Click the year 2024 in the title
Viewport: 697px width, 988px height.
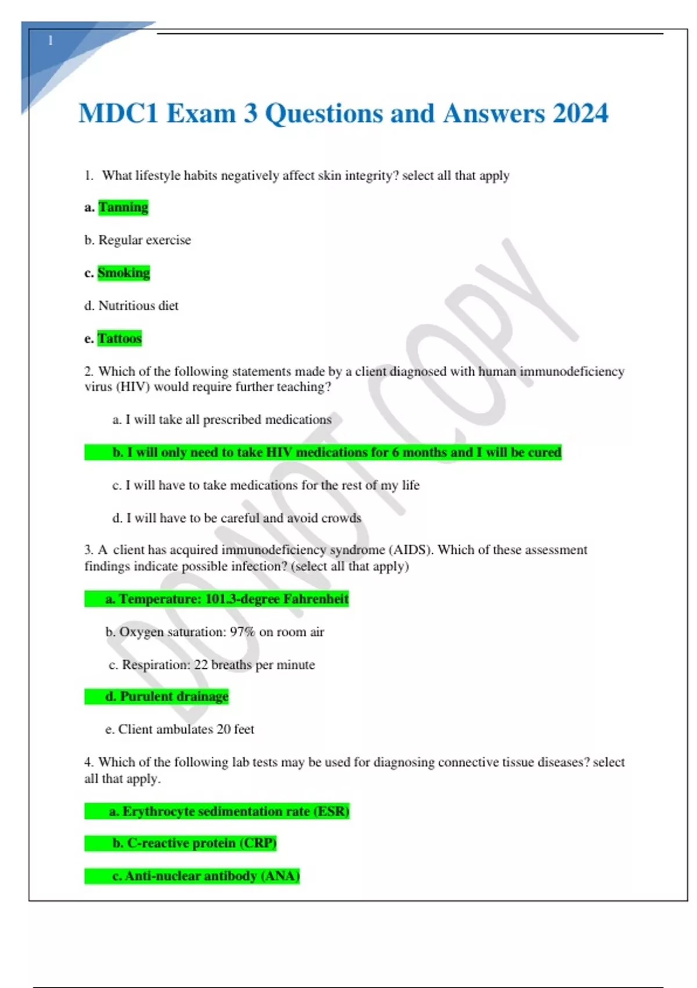coord(580,113)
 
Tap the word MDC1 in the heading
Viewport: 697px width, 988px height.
coord(118,113)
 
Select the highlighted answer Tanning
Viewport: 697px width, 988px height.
coord(123,207)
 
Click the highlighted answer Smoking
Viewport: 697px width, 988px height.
coord(124,273)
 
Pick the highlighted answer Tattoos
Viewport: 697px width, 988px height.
coord(120,338)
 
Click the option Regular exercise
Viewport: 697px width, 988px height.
coord(144,240)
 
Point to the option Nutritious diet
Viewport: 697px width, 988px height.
coord(138,306)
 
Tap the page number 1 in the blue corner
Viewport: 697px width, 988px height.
coord(51,41)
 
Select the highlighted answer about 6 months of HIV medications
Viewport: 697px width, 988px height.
coord(337,452)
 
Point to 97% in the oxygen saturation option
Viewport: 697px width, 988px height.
coord(242,632)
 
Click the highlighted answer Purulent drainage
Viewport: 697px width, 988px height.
coord(167,696)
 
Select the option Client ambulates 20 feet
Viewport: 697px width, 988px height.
coord(179,729)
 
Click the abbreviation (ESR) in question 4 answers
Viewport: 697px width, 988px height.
coord(331,811)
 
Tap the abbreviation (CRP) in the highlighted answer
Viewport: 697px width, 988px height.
coord(258,843)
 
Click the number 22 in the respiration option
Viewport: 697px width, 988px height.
coord(201,665)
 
